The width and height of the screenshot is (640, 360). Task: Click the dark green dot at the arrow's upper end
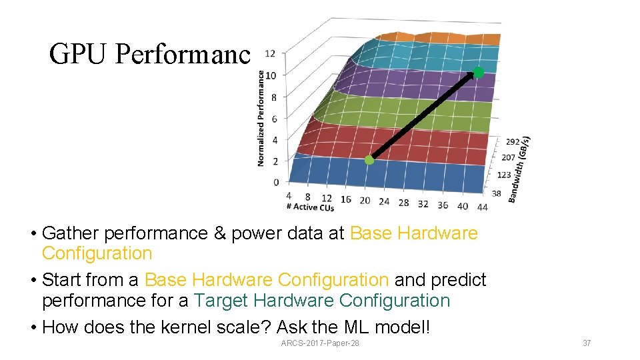pos(478,73)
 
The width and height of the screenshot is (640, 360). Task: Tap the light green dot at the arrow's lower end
pos(369,160)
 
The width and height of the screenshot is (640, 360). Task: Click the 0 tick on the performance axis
pos(276,182)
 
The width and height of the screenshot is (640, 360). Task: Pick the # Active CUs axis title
pos(309,207)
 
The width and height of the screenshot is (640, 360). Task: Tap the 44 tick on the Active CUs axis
pos(482,207)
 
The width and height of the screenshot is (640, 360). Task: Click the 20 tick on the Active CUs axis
pos(365,201)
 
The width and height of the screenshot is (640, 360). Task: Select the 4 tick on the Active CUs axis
pos(289,195)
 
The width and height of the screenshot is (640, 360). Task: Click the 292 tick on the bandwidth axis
pos(513,142)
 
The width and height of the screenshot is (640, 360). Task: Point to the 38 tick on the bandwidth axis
pos(496,193)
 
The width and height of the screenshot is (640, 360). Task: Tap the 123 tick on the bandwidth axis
pos(504,175)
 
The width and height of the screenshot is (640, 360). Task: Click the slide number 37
pos(587,343)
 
